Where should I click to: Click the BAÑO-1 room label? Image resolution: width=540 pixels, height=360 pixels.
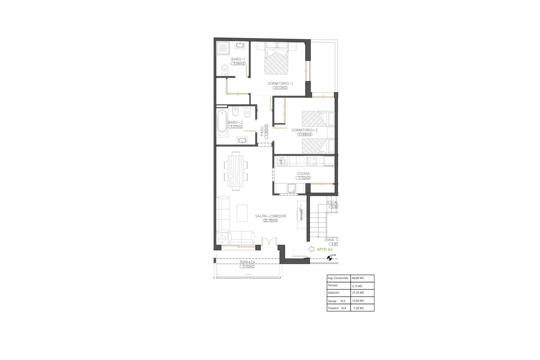pyautogui.click(x=238, y=59)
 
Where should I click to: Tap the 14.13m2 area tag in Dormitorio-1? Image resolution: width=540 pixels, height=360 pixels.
pyautogui.click(x=280, y=88)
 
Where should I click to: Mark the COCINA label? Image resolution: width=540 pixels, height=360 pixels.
pyautogui.click(x=303, y=174)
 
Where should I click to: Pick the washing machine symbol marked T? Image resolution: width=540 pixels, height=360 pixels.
pyautogui.click(x=281, y=161)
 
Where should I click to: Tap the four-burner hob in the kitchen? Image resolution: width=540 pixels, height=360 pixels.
pyautogui.click(x=312, y=161)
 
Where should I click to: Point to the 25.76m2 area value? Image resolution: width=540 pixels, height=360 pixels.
pyautogui.click(x=270, y=220)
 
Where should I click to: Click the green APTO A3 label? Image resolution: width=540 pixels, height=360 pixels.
pyautogui.click(x=325, y=249)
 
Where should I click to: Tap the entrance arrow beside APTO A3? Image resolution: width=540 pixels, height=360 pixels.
pyautogui.click(x=311, y=249)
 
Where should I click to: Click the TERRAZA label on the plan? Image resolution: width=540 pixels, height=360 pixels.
pyautogui.click(x=247, y=262)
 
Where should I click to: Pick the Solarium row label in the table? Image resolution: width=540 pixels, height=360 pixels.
pyautogui.click(x=334, y=293)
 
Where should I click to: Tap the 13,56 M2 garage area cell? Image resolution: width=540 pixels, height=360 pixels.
pyautogui.click(x=358, y=301)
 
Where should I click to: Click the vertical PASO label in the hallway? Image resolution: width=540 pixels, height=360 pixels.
pyautogui.click(x=262, y=131)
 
